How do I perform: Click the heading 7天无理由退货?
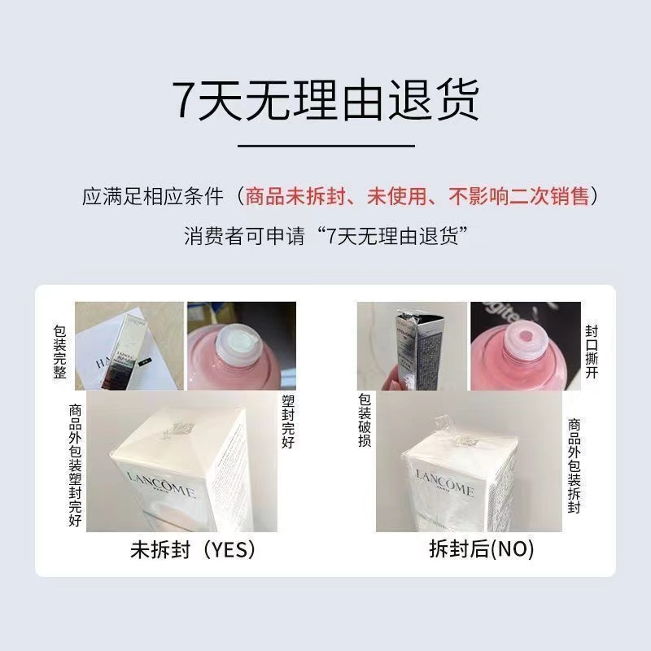(x=325, y=99)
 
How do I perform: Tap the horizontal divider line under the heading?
(x=325, y=146)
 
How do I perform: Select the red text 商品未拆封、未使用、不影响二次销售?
(x=417, y=198)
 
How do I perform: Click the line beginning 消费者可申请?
(x=325, y=237)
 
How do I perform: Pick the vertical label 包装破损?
(x=364, y=422)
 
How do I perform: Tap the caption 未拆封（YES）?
(x=193, y=550)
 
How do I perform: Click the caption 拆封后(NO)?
(x=481, y=550)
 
